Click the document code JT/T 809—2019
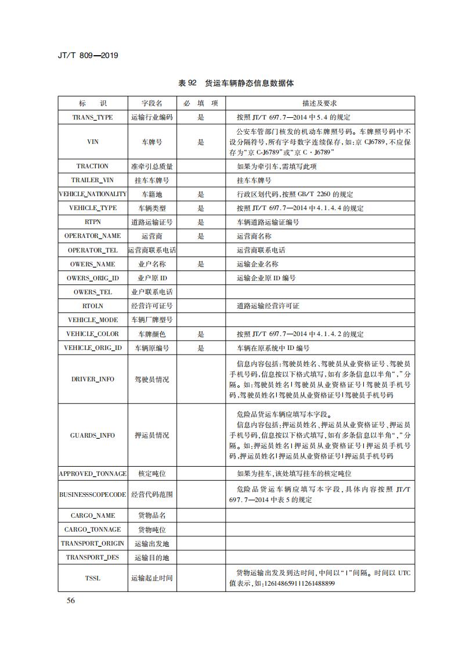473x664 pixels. coord(89,56)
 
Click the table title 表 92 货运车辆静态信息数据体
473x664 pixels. coord(236,83)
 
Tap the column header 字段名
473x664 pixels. coord(152,103)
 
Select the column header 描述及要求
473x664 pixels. coord(319,103)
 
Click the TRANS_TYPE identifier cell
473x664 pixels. coord(92,117)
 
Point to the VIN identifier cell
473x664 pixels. coord(92,142)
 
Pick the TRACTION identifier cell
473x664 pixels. coord(92,167)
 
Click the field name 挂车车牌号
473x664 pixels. coord(152,181)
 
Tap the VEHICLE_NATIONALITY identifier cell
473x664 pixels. coord(92,194)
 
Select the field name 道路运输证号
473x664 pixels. coord(152,222)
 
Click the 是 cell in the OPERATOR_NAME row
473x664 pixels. coord(201,236)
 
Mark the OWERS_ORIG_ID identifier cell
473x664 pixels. coord(92,278)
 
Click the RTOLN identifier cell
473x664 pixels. coord(92,306)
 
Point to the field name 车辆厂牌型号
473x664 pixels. coord(152,320)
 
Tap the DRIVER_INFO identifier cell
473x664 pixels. coord(92,379)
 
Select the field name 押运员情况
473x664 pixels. coord(152,435)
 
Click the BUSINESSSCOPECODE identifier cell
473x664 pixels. coord(92,495)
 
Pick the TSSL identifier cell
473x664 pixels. coord(92,578)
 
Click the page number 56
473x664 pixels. coord(70,601)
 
